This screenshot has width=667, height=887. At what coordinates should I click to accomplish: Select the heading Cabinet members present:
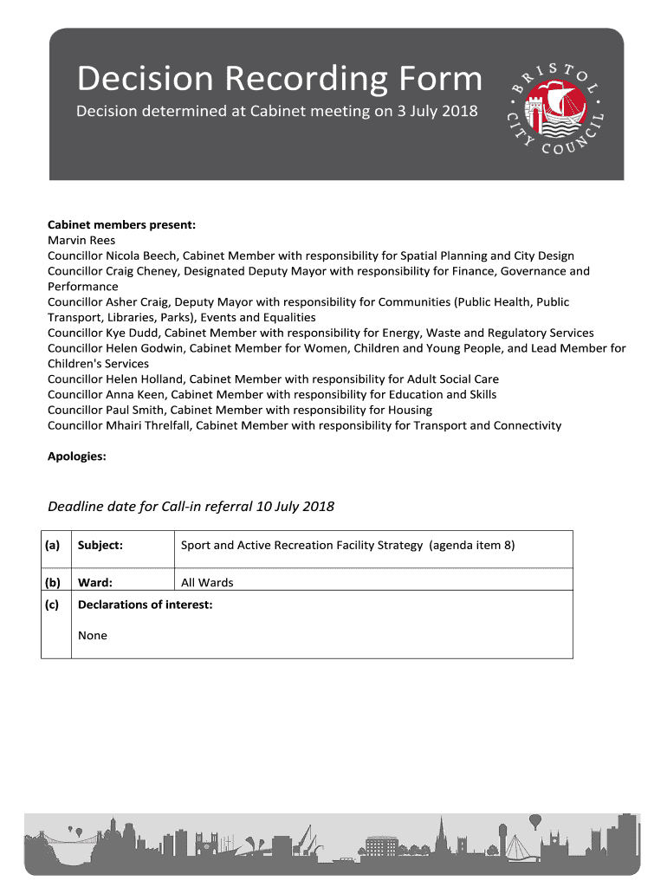121,224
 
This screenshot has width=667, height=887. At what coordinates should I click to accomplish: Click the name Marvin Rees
81,240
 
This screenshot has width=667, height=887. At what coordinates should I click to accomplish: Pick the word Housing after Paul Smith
406,410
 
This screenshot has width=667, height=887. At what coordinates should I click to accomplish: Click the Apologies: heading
77,456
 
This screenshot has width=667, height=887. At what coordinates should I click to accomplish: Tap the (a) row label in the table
54,546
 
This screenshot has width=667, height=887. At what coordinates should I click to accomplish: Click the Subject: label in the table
100,546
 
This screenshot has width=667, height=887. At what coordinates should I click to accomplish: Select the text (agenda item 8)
472,546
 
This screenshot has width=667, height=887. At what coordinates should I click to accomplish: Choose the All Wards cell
207,583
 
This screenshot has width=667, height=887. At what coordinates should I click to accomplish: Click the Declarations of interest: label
145,605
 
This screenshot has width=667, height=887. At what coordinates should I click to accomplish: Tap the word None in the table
93,636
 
